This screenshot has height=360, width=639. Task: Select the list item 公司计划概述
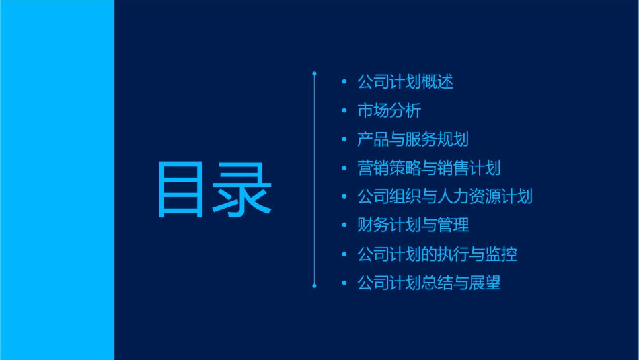405,83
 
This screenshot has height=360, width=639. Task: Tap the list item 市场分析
389,111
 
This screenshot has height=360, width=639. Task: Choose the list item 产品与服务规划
412,140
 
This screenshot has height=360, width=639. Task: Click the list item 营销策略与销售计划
428,168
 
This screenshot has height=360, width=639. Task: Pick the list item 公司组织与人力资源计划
445,197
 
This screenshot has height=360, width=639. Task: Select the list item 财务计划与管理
412,225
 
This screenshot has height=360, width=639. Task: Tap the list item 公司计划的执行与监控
437,254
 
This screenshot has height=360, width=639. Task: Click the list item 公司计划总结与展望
428,283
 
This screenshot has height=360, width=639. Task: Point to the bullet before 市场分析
344,111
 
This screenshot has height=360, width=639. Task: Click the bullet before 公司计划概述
344,83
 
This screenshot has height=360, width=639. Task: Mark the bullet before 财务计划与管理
344,225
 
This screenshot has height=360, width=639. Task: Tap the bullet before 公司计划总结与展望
344,283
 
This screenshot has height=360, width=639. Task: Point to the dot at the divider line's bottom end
314,286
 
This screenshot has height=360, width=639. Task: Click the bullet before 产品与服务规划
344,140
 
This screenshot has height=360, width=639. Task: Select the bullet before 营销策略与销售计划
344,168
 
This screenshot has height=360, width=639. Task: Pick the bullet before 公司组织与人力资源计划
344,197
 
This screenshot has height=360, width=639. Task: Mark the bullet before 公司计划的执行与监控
344,254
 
